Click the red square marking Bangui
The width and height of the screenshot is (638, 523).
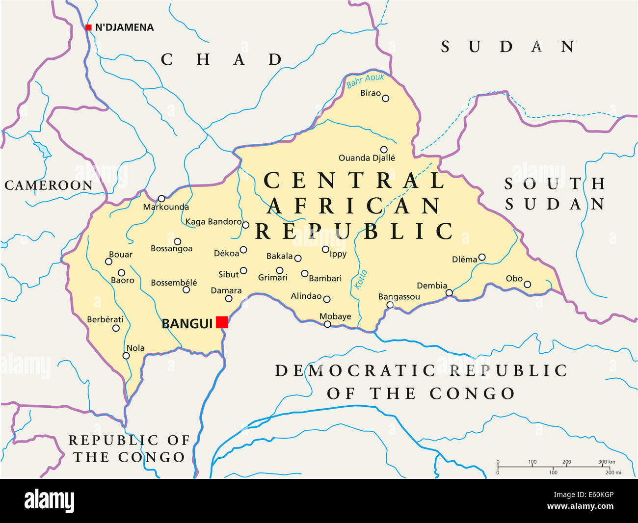pyautogui.click(x=222, y=322)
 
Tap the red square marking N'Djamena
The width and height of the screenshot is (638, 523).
pyautogui.click(x=88, y=27)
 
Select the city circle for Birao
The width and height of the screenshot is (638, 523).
pyautogui.click(x=386, y=98)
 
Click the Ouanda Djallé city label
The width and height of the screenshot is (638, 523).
pyautogui.click(x=367, y=158)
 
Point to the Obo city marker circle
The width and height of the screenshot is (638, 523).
pyautogui.click(x=527, y=284)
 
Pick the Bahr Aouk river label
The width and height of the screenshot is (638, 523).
pyautogui.click(x=365, y=81)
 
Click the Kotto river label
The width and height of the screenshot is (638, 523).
pyautogui.click(x=361, y=280)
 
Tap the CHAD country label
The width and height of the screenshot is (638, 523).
pyautogui.click(x=222, y=60)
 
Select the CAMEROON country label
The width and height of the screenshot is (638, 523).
pyautogui.click(x=48, y=185)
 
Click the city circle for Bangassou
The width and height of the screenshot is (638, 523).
pyautogui.click(x=390, y=305)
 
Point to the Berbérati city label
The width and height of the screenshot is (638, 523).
pyautogui.click(x=105, y=319)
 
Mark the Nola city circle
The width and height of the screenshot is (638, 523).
pyautogui.click(x=126, y=356)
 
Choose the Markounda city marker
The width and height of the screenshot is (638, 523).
pyautogui.click(x=161, y=198)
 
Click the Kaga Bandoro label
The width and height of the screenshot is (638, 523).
pyautogui.click(x=213, y=222)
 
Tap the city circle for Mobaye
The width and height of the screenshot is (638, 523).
pyautogui.click(x=327, y=324)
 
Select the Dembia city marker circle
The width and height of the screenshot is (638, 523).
pyautogui.click(x=449, y=293)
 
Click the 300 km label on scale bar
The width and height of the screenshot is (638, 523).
pyautogui.click(x=606, y=462)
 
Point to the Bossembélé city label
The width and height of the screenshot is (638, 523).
pyautogui.click(x=174, y=283)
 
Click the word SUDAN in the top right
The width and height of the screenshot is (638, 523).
pyautogui.click(x=508, y=47)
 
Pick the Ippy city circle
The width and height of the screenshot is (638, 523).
pyautogui.click(x=325, y=249)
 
